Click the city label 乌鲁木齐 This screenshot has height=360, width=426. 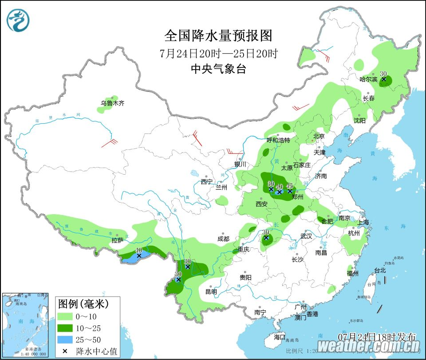tap(112, 103)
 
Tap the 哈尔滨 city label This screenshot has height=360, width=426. tap(368, 79)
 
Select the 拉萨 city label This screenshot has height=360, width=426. tap(117, 240)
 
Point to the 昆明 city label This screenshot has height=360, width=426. tap(211, 292)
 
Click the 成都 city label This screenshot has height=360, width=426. tap(224, 239)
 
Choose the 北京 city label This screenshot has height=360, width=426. tap(319, 136)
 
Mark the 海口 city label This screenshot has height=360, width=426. tap(280, 337)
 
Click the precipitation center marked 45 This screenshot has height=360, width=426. tap(290, 191)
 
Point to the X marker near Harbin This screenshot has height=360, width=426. tap(384, 80)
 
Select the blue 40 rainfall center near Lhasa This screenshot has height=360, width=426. tap(139, 255)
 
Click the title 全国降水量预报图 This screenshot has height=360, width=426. tap(218, 35)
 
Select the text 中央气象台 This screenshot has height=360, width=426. tap(218, 69)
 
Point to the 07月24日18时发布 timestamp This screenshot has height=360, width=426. tap(377, 336)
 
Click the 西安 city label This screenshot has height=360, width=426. tap(261, 204)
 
